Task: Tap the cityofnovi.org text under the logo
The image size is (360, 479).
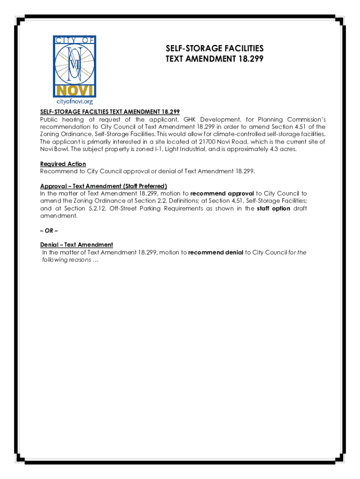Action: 75,101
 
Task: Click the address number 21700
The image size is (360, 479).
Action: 206,141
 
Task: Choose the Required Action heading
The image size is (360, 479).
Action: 63,164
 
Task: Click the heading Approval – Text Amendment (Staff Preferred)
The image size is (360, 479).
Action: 103,186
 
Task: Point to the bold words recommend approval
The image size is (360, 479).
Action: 222,193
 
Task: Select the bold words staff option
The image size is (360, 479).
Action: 274,208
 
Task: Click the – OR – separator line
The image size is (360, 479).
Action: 49,231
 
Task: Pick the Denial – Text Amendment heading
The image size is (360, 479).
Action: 77,245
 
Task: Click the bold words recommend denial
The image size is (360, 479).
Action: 216,253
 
